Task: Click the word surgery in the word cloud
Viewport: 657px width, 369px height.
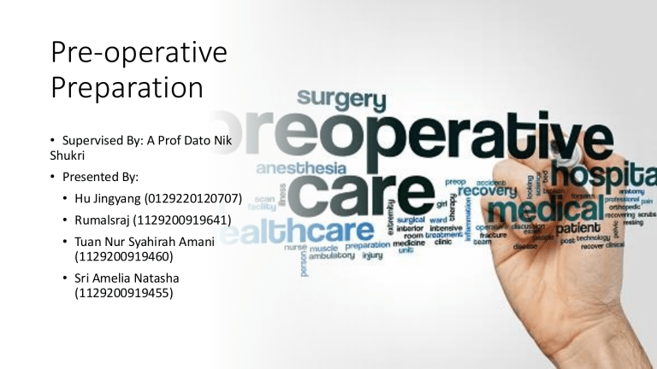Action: pyautogui.click(x=342, y=100)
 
